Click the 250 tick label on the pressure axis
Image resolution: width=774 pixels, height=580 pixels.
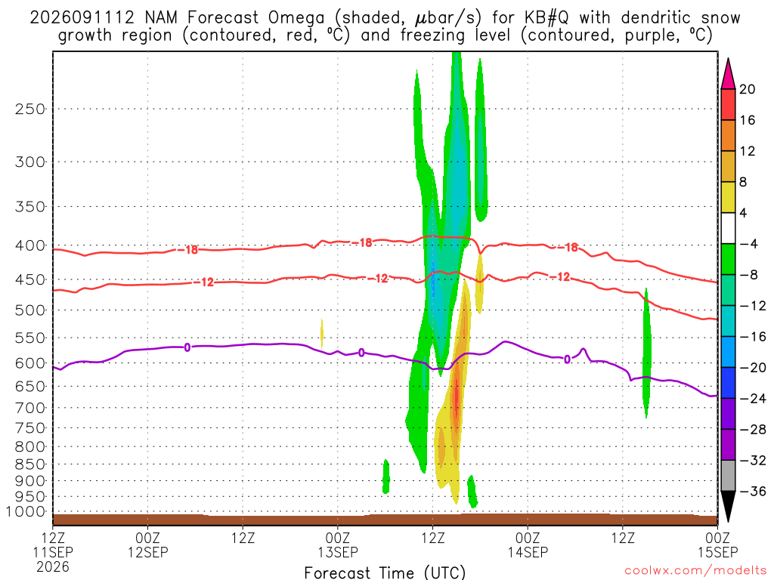(x=30, y=109)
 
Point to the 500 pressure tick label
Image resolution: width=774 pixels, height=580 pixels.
(x=30, y=310)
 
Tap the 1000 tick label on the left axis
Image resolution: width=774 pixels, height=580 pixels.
(x=26, y=512)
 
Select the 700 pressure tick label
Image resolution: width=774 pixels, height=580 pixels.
(x=30, y=408)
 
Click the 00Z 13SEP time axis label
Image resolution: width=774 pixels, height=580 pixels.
(x=338, y=545)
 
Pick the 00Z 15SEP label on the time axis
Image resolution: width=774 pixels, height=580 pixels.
(x=717, y=545)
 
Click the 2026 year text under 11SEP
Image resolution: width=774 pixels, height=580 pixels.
(x=53, y=566)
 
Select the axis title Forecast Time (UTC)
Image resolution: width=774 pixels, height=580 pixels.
(x=385, y=572)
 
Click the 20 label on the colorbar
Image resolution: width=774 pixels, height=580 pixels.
(x=747, y=89)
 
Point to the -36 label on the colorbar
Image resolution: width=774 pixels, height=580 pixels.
(x=752, y=491)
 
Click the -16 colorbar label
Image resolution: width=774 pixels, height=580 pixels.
(x=752, y=336)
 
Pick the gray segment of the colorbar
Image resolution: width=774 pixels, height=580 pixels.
(x=728, y=476)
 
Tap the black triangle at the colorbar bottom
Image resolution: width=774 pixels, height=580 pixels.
(x=728, y=505)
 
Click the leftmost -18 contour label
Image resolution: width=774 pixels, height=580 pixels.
(x=187, y=249)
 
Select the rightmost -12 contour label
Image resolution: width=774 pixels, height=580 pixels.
(x=560, y=277)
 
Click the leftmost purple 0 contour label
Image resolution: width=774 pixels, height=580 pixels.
(x=187, y=347)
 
